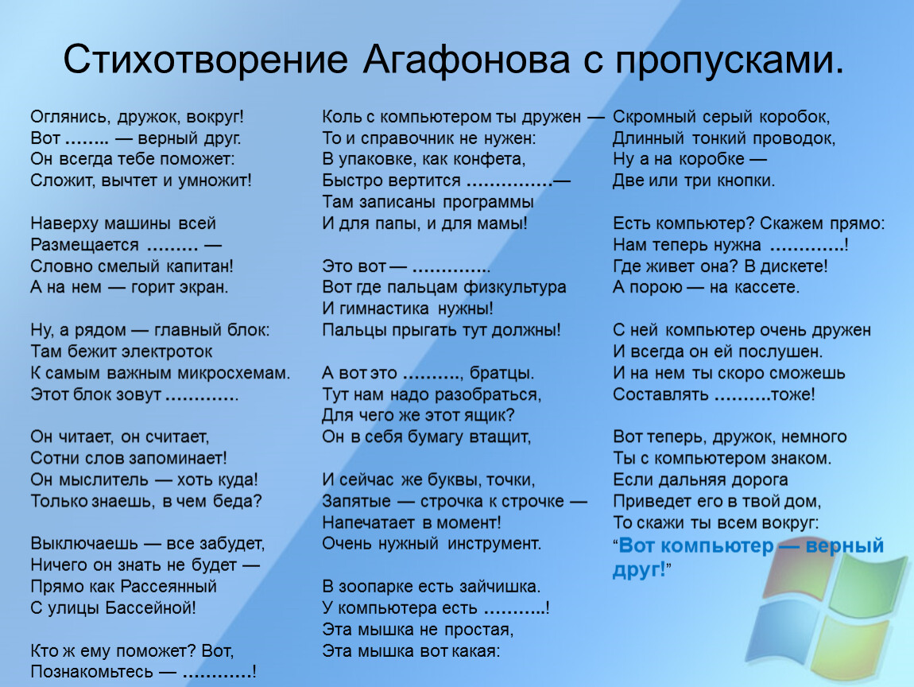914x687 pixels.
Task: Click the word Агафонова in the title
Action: pos(467,60)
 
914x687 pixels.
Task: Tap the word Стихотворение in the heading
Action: pos(205,60)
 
